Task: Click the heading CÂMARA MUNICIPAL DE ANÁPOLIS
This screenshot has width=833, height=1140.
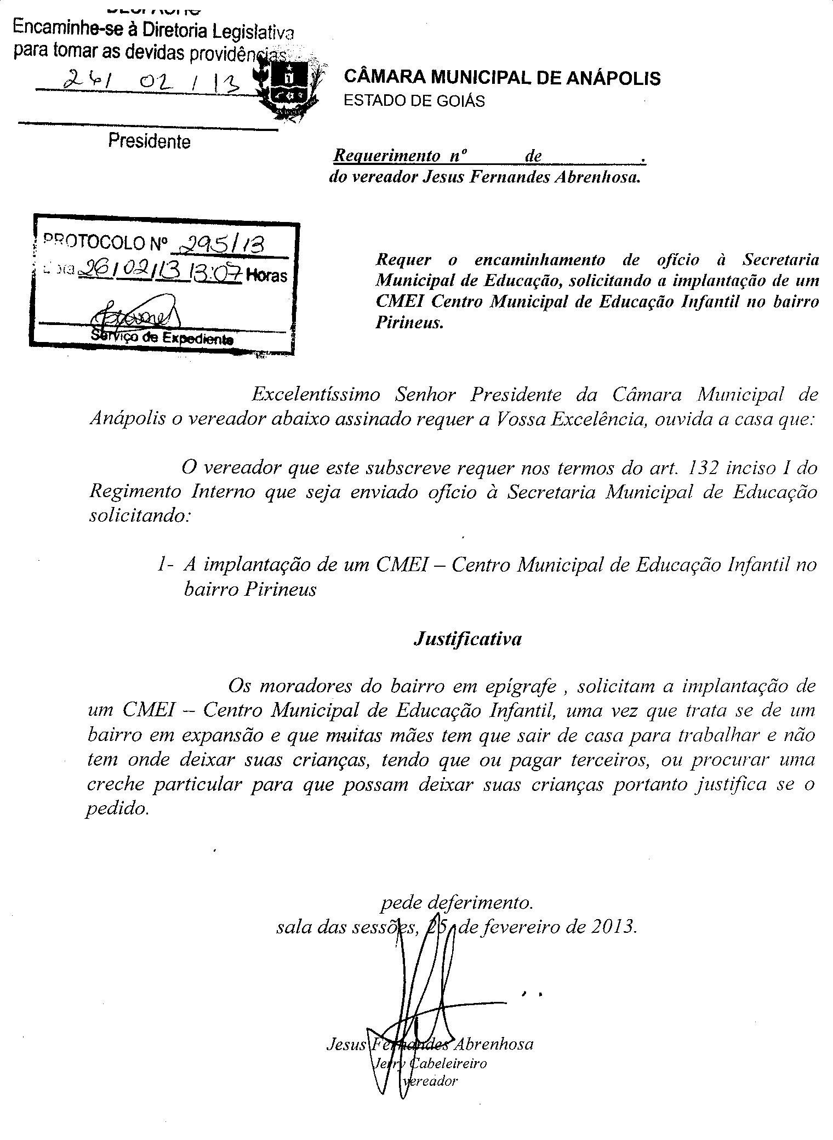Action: (501, 78)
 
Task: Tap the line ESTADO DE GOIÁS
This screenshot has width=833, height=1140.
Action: (414, 101)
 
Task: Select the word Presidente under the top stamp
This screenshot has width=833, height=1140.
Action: (149, 141)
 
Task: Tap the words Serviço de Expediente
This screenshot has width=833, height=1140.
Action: (162, 338)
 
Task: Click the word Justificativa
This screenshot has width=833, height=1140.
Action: (467, 639)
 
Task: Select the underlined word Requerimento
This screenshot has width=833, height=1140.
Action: (387, 156)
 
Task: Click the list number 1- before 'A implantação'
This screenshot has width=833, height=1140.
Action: (165, 565)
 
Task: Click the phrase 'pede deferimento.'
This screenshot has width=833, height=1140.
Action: (455, 902)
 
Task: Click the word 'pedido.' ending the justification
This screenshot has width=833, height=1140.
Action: (117, 809)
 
